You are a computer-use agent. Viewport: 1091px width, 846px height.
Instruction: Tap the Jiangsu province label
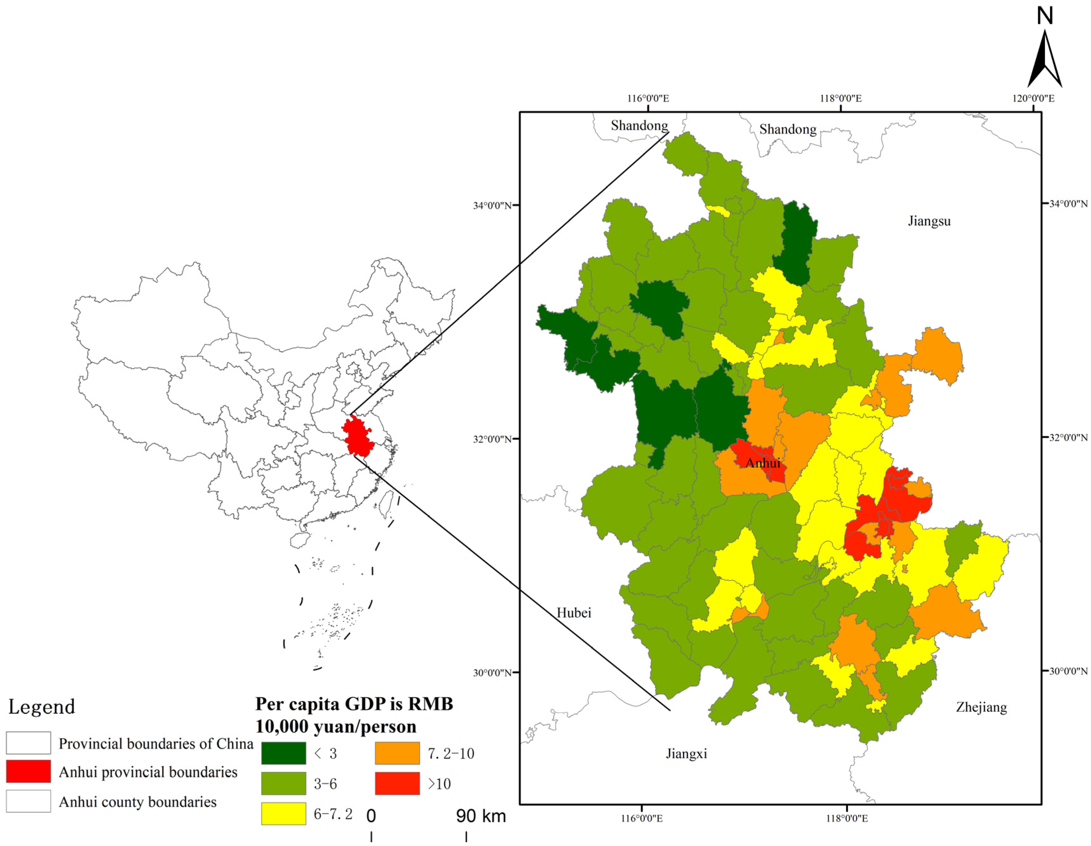pyautogui.click(x=929, y=221)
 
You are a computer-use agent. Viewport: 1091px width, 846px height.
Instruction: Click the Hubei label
pyautogui.click(x=574, y=613)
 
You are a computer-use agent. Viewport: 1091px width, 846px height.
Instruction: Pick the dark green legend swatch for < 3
pyautogui.click(x=283, y=753)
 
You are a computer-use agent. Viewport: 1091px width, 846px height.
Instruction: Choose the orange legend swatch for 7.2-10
pyautogui.click(x=397, y=753)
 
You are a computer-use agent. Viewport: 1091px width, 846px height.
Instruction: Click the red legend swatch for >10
pyautogui.click(x=397, y=783)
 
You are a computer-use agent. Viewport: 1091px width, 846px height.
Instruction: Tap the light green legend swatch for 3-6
pyautogui.click(x=283, y=783)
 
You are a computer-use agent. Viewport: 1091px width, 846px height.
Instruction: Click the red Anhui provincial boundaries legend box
pyautogui.click(x=29, y=772)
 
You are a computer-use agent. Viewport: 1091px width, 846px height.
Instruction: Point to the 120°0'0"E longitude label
pyautogui.click(x=1033, y=99)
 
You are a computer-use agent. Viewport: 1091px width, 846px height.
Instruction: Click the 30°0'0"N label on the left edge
pyautogui.click(x=492, y=672)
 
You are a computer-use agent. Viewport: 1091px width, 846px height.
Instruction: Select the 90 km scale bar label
pyautogui.click(x=481, y=816)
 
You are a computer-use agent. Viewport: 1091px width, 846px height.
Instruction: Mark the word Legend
pyautogui.click(x=42, y=706)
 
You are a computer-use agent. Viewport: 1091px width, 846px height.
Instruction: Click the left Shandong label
pyautogui.click(x=639, y=126)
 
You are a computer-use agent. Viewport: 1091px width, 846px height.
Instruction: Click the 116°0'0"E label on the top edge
pyautogui.click(x=648, y=99)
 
